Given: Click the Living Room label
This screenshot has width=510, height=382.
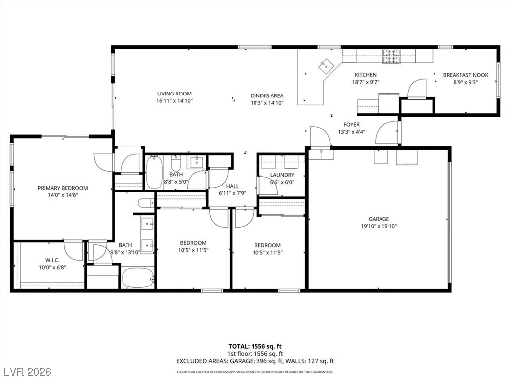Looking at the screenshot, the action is point(174,94).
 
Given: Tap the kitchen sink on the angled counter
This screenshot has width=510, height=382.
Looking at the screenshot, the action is point(326,66).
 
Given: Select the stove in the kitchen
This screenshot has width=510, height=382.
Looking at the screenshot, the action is point(391,56).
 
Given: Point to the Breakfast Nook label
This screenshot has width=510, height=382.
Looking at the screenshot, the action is point(466,75).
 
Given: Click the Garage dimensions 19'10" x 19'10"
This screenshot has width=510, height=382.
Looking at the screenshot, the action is point(379,226).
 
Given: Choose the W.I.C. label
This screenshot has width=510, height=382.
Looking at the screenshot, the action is point(52,260).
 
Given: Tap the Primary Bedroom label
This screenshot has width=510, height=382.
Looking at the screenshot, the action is point(63,188).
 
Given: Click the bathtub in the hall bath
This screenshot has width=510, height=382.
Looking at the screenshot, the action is point(154,172).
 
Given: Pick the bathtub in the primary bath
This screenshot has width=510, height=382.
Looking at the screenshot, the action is point(138,278).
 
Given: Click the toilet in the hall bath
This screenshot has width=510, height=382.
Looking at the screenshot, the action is point(176,163).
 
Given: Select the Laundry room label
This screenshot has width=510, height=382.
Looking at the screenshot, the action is point(282,175).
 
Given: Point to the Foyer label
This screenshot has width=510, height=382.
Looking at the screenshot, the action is point(351,125).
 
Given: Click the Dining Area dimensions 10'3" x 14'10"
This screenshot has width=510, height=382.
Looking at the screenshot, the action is point(267,103).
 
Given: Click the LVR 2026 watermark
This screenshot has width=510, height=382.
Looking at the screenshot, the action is point(28,371).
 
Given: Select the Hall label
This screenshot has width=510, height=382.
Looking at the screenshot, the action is point(232,186).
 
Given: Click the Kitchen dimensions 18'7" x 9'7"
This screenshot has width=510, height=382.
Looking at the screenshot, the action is point(366,82).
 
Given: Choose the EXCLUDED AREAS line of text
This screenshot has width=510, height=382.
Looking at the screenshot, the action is point(255,361).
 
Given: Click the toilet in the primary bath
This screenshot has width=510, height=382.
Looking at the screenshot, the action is point(146,203).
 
